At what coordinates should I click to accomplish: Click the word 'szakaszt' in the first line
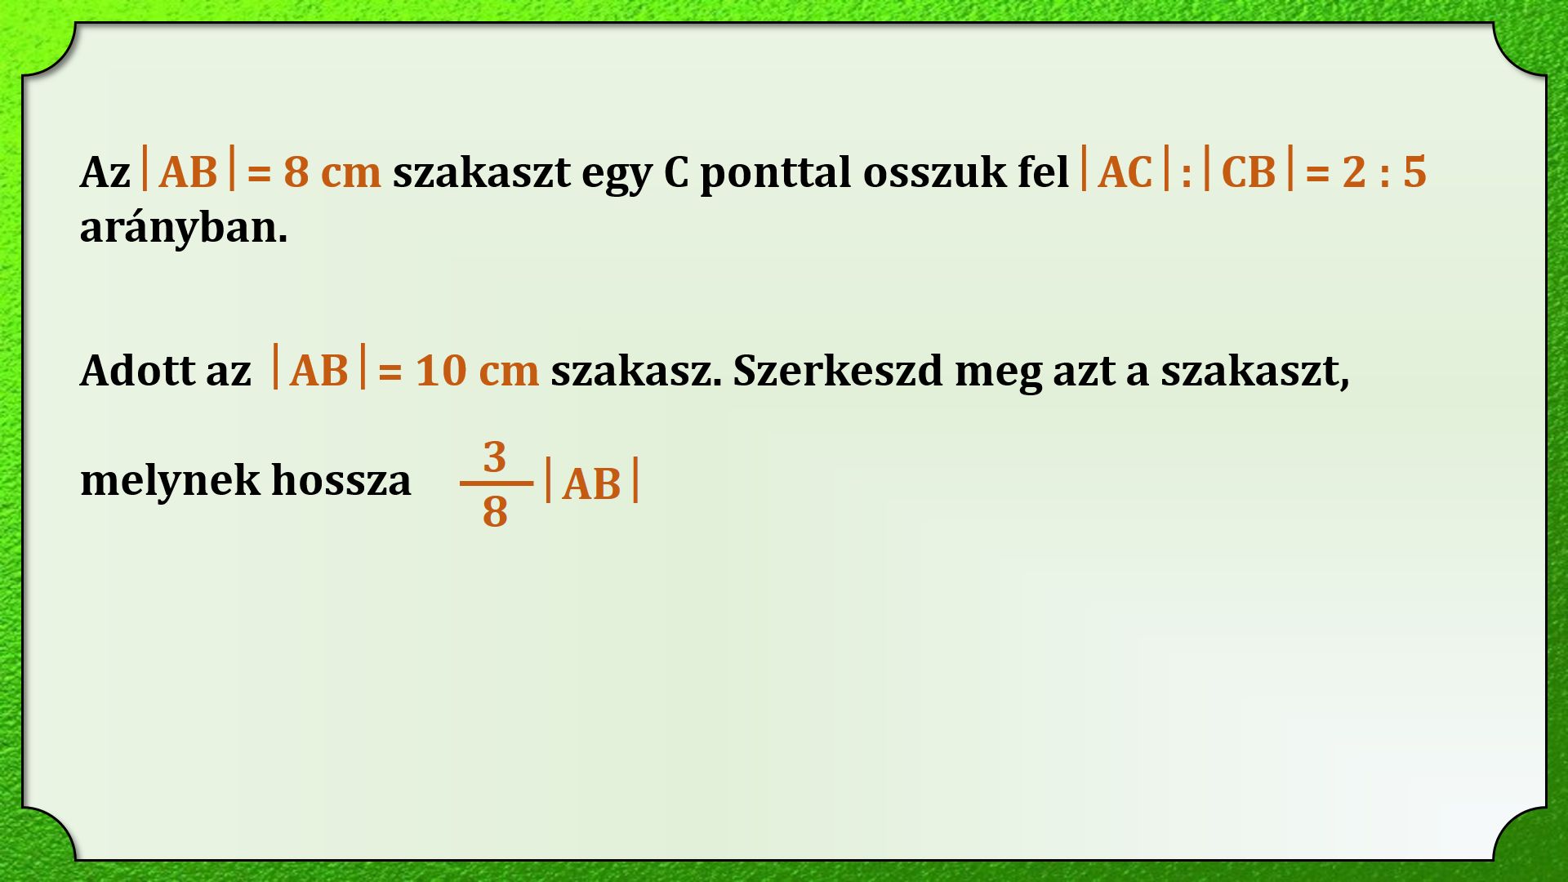point(481,172)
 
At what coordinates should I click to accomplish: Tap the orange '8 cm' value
point(332,172)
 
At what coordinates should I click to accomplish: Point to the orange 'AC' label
point(1125,172)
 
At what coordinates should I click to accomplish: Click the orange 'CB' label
point(1249,172)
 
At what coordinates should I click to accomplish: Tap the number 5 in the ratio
point(1414,172)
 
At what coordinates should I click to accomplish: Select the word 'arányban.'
point(184,228)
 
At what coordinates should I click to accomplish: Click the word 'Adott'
point(137,371)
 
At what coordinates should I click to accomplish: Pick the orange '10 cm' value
point(477,371)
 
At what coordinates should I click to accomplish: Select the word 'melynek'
point(170,479)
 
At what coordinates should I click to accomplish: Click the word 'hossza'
point(341,479)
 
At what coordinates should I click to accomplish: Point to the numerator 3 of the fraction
point(495,457)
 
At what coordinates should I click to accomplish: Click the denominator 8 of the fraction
point(495,512)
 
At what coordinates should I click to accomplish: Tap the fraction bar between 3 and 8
point(496,483)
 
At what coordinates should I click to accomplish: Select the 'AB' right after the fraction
point(591,484)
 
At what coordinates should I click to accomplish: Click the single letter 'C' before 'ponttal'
point(676,172)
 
